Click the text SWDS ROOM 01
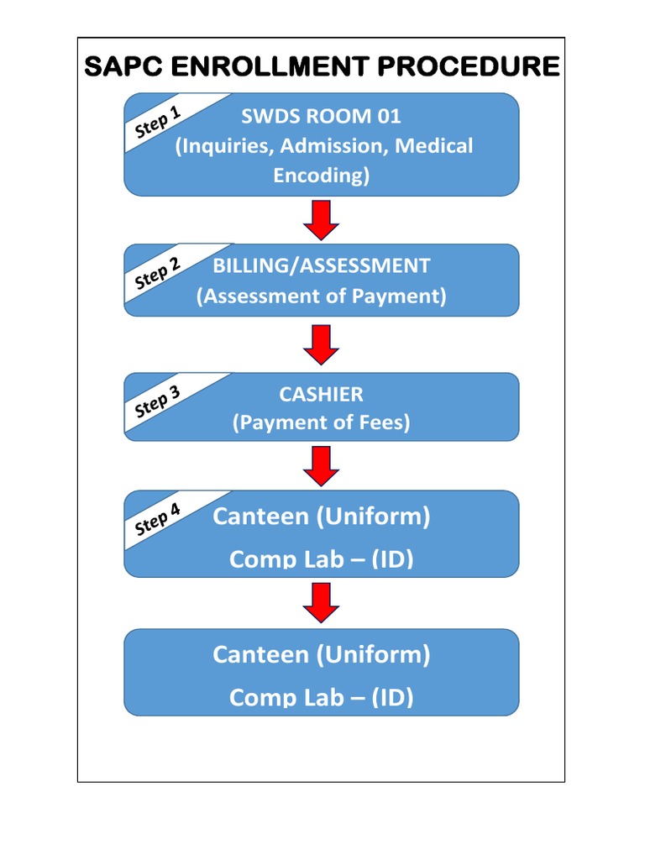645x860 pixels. point(321,116)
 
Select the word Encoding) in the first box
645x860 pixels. point(321,176)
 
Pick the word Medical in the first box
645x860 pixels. point(434,146)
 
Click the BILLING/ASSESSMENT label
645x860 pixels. point(321,266)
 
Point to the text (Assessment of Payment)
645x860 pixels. point(321,296)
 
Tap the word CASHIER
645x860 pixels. point(321,394)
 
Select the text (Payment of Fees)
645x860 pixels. point(321,423)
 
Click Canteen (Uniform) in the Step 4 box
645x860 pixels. point(321,517)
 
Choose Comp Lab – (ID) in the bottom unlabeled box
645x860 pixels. point(321,697)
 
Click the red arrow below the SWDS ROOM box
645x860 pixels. point(321,220)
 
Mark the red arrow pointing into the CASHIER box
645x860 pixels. point(321,344)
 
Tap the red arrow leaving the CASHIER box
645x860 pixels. point(321,465)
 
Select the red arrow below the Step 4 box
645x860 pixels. point(321,603)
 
